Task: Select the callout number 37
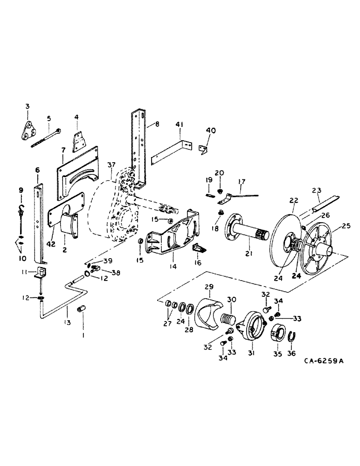tap(110, 166)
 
